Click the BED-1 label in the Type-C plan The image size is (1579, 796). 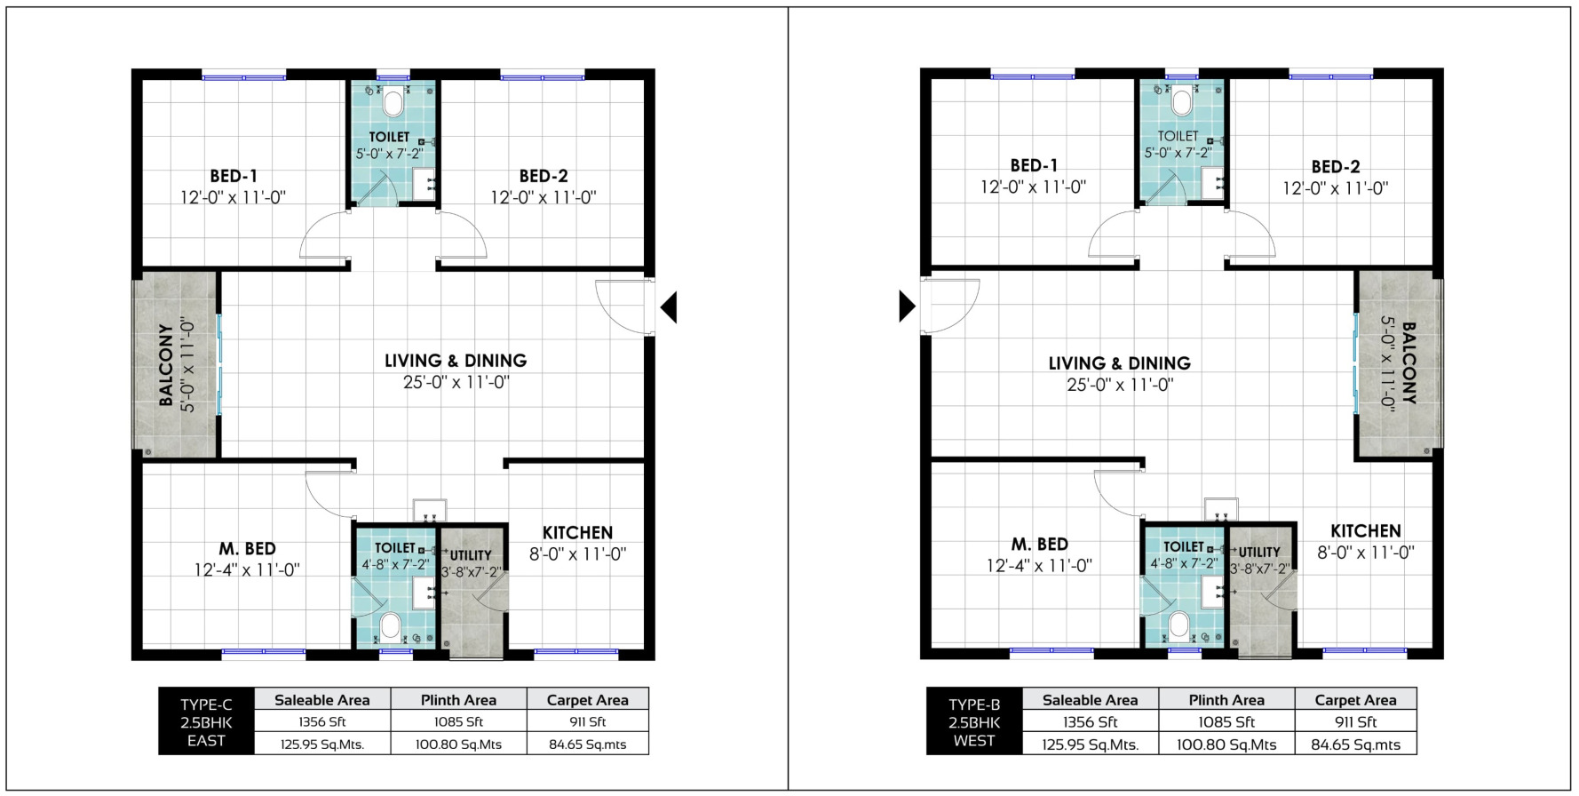pyautogui.click(x=234, y=176)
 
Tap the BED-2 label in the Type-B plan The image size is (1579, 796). pyautogui.click(x=1336, y=167)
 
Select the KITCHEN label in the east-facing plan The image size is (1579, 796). pyautogui.click(x=577, y=532)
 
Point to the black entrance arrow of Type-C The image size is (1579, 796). pyautogui.click(x=669, y=307)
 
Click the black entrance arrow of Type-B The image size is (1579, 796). pyautogui.click(x=908, y=306)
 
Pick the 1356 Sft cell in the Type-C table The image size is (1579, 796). pyautogui.click(x=322, y=722)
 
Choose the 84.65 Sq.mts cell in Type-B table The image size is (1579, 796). pyautogui.click(x=1355, y=744)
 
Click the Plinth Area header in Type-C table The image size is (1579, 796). pyautogui.click(x=458, y=700)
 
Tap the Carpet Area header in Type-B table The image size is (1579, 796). pyautogui.click(x=1355, y=700)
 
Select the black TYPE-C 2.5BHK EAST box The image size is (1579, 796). pyautogui.click(x=206, y=721)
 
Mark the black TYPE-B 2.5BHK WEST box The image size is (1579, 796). pyautogui.click(x=974, y=721)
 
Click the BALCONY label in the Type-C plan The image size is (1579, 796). pyautogui.click(x=166, y=365)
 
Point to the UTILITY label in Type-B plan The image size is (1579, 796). pyautogui.click(x=1259, y=553)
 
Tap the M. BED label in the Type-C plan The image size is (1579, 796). pyautogui.click(x=248, y=549)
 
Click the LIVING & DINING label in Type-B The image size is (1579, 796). pyautogui.click(x=1120, y=363)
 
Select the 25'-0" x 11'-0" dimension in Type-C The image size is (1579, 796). pyautogui.click(x=456, y=383)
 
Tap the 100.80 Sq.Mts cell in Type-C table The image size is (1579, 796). pyautogui.click(x=458, y=744)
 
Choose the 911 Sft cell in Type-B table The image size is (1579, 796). pyautogui.click(x=1355, y=722)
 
